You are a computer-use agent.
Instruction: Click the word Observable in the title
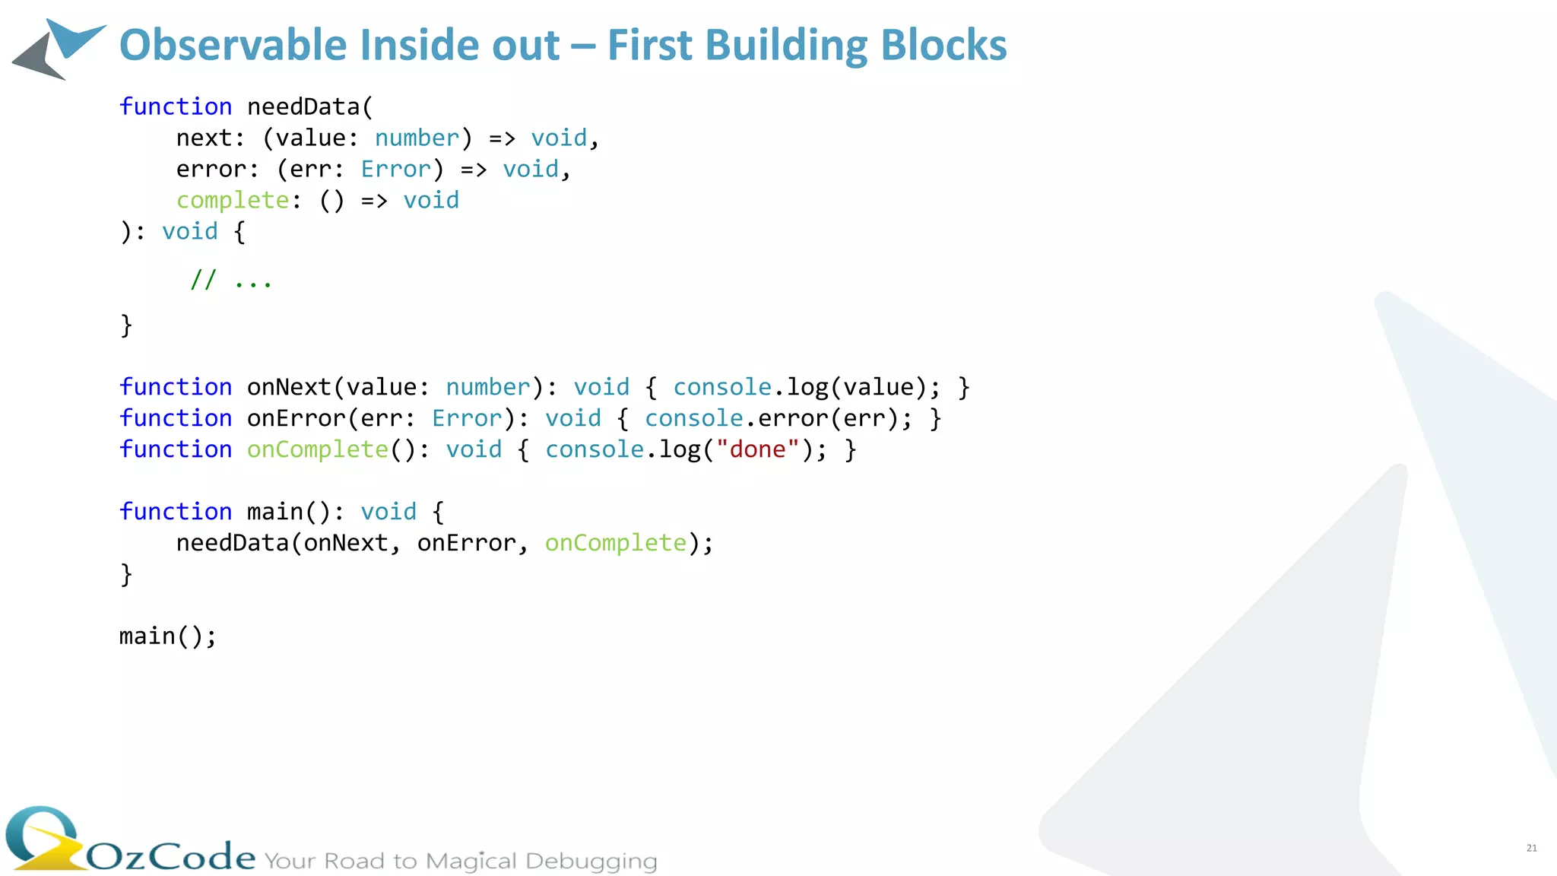pos(233,45)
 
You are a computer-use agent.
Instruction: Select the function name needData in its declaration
pos(303,106)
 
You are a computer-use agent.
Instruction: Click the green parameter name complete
pos(233,200)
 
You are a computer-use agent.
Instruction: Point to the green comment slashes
pos(203,280)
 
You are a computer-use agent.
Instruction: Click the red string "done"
pos(757,449)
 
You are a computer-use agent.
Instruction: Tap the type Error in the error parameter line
pos(395,169)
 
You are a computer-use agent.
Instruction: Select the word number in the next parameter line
pos(417,138)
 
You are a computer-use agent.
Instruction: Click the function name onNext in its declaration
pos(289,387)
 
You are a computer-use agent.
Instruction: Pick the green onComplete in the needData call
pos(616,543)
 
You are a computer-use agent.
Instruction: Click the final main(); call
pos(168,636)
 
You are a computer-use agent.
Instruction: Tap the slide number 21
pos(1531,848)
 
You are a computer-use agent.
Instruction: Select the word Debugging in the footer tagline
pos(591,861)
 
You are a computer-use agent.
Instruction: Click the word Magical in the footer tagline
pos(471,861)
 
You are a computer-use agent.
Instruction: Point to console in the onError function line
pos(693,418)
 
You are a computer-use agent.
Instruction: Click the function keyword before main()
pos(176,512)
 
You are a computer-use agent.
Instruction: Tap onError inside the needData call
pos(466,543)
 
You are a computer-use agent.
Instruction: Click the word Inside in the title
pos(421,45)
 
